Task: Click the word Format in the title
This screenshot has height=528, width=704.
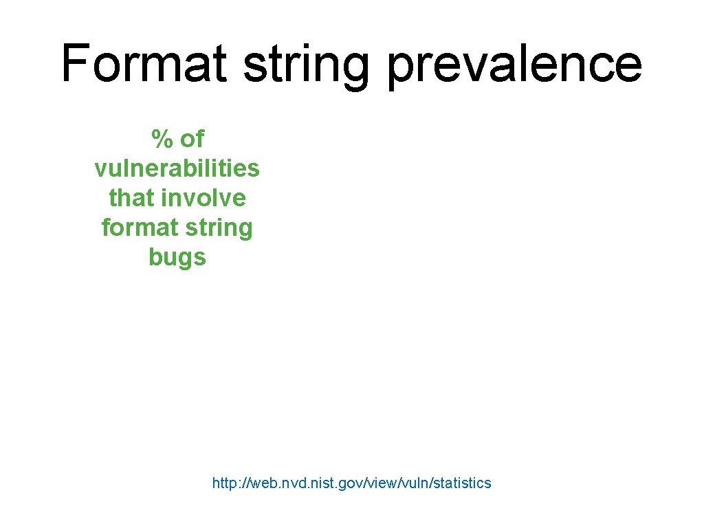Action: tap(144, 63)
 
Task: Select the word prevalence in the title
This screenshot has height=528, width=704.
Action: tap(514, 63)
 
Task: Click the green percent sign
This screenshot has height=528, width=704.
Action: tap(162, 140)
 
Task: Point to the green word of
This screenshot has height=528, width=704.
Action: tap(192, 140)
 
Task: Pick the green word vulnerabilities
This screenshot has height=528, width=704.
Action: tap(177, 168)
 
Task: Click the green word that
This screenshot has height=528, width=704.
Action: tap(131, 198)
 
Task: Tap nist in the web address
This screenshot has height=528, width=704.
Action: tap(313, 483)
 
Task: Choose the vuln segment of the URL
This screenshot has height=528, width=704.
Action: tap(404, 483)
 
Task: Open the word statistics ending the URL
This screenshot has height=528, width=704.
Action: tap(456, 483)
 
